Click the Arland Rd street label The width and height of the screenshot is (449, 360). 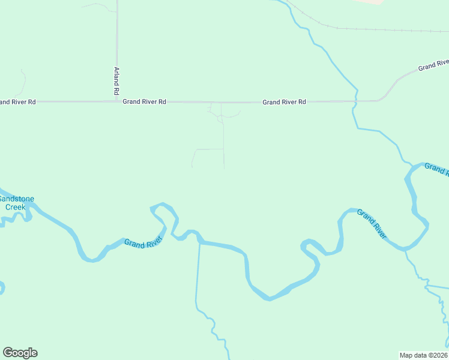pos(116,81)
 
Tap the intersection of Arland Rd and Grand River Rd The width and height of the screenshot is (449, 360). pos(117,101)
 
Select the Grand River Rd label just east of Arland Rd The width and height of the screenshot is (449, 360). pos(144,102)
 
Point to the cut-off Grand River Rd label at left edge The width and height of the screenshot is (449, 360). pos(18,102)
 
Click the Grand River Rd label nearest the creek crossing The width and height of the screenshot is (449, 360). pos(284,102)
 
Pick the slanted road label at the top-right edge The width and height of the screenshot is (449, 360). pos(434,65)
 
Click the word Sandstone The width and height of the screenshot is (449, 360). pos(16,199)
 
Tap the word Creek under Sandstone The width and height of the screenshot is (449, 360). pos(16,207)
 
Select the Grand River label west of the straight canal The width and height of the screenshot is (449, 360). pos(143,242)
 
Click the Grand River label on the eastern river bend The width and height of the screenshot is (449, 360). pos(372,223)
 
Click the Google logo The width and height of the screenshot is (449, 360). pos(20,353)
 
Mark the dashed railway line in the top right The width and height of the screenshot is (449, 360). pos(372,28)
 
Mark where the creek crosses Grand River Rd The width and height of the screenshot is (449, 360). pos(355,101)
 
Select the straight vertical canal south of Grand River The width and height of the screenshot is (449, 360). pos(197,276)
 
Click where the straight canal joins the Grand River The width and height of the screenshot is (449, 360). pos(199,242)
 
